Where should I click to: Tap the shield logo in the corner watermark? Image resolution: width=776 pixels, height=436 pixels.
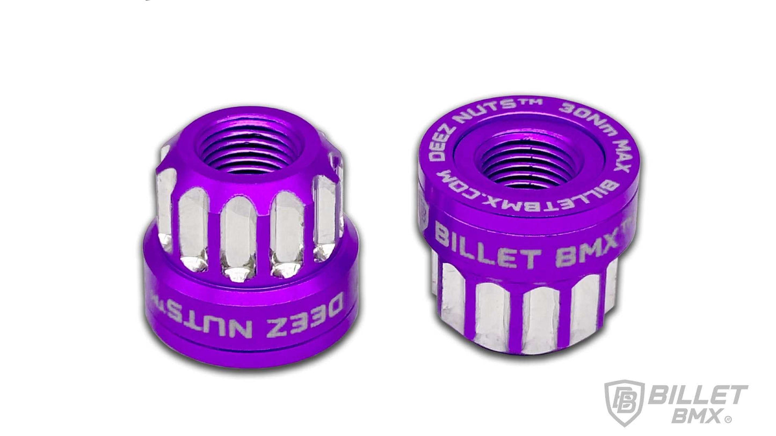tap(623, 402)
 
